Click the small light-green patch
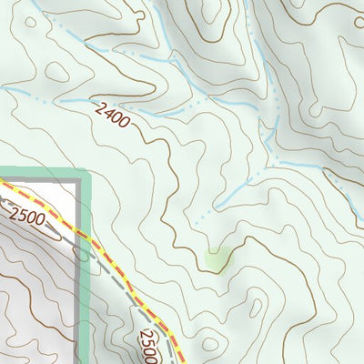(217, 261)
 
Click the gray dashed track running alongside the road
(118, 282)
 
